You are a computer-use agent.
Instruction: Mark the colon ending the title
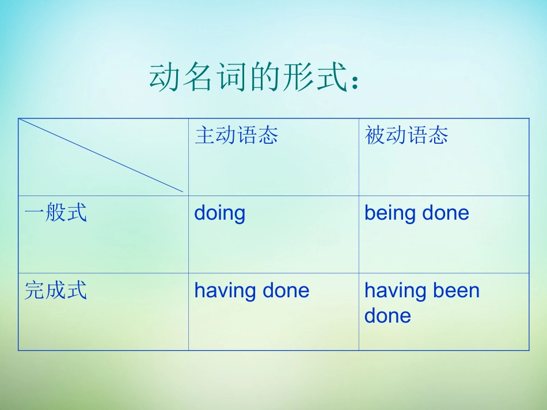point(355,81)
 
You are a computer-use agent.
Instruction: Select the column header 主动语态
point(237,135)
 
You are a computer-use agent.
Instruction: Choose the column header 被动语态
point(407,135)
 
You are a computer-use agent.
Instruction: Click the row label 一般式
point(55,212)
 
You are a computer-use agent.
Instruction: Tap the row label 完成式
point(55,290)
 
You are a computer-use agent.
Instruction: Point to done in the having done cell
point(286,290)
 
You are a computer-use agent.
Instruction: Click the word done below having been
point(388,316)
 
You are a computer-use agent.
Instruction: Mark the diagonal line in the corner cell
point(101,155)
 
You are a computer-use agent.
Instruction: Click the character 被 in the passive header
point(375,135)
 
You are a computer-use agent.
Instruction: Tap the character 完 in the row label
point(35,290)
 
